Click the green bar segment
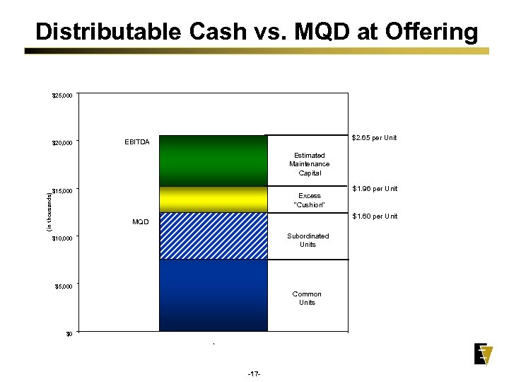213,161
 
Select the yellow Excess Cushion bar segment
213,199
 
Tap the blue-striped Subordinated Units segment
213,236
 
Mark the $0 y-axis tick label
68,334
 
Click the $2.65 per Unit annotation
374,137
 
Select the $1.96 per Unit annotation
375,188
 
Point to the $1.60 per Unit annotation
375,216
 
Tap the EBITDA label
136,142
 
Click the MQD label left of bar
140,222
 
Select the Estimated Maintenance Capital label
309,164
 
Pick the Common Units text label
307,298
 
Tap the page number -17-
255,373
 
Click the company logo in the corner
484,354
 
